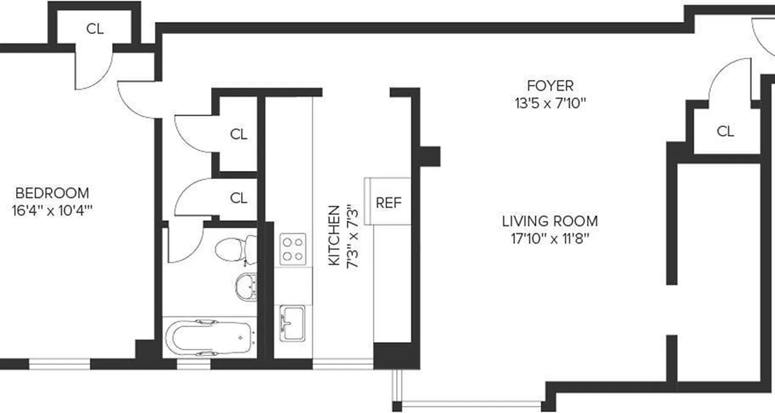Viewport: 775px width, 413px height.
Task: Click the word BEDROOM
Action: [52, 193]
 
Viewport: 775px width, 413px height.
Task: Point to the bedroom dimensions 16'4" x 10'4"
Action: [52, 211]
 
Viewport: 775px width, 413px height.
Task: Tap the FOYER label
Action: [550, 85]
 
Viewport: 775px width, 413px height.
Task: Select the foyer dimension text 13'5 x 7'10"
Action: [550, 103]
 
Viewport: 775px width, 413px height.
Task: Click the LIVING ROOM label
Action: [550, 221]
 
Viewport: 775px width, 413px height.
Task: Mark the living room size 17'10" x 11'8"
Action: [550, 239]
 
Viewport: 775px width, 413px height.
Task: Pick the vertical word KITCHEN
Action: [335, 235]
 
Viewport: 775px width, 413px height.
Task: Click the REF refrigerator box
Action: [388, 202]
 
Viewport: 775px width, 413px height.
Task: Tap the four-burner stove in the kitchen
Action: [292, 249]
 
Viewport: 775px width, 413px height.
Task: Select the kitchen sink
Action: [292, 323]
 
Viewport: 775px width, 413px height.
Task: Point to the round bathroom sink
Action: [246, 286]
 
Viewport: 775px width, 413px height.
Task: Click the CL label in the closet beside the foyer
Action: [725, 132]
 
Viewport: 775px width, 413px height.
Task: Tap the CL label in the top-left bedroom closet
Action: [95, 29]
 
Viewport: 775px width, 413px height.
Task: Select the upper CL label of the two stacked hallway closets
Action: [238, 135]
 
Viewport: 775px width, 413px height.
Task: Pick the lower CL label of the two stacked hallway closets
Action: [238, 198]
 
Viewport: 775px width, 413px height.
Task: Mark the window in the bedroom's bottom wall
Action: [59, 364]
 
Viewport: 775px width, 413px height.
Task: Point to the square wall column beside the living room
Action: [429, 156]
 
